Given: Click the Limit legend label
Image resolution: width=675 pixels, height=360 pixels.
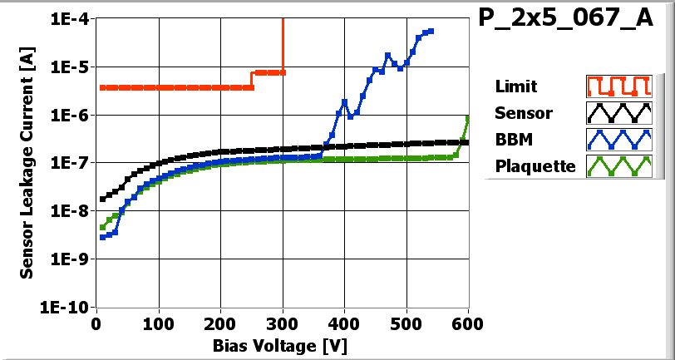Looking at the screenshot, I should pos(515,86).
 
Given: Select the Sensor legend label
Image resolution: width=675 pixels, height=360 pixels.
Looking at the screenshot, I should pos(523,113).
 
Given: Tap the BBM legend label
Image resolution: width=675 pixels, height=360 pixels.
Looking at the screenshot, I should pos(514,139).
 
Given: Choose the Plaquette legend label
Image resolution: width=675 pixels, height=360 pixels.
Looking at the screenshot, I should pos(535,165).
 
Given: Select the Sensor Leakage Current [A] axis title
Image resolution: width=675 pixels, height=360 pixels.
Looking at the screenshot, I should pos(27,162).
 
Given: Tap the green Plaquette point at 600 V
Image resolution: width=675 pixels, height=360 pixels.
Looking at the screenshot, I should pos(468,119).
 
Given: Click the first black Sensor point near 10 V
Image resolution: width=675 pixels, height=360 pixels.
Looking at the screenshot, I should pos(102,199).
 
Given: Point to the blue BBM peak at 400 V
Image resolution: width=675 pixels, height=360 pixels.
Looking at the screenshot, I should pos(344,101).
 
